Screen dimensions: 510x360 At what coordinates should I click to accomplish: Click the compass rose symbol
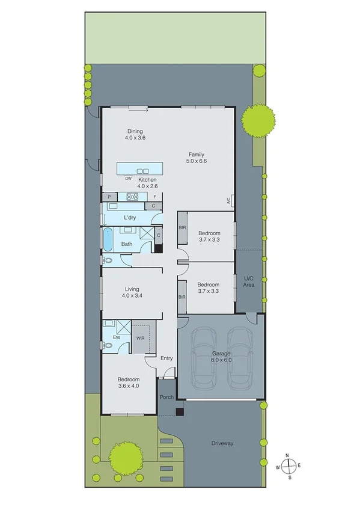290,465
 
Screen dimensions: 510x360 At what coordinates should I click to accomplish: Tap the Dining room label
136,134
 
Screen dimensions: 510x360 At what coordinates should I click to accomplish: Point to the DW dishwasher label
128,179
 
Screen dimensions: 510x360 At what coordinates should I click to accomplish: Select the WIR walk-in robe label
141,339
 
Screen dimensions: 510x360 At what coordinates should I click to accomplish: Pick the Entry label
166,358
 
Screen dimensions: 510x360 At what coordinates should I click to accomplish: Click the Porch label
166,397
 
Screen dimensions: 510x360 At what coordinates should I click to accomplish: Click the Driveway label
222,443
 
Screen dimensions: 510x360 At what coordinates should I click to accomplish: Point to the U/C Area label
249,281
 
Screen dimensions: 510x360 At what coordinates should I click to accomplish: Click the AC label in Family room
229,201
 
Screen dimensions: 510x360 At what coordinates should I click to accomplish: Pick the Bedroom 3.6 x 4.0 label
129,383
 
